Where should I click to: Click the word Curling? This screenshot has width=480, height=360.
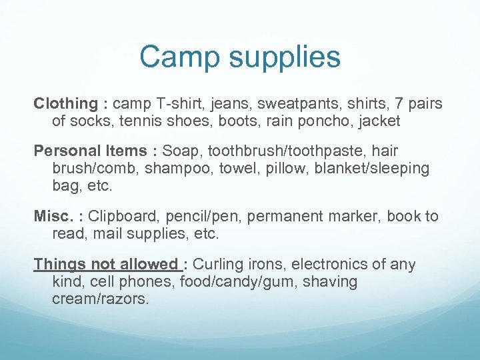pos(221,264)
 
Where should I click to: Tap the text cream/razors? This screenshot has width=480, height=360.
pos(100,299)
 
